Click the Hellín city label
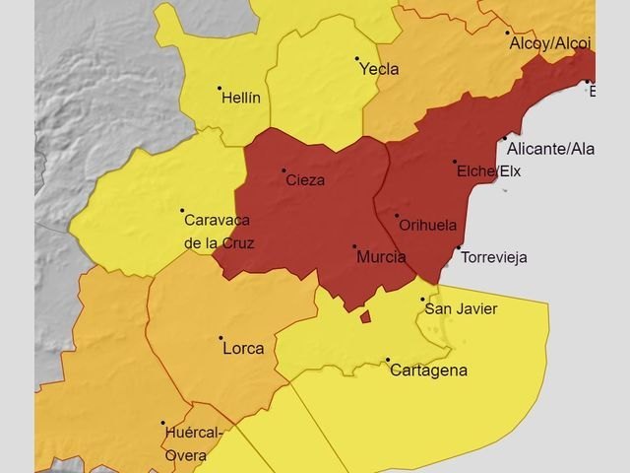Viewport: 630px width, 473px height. [241, 98]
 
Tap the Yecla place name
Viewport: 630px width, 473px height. [379, 69]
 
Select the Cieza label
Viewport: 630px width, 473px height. [305, 180]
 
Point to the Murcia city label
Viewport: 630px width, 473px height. [381, 257]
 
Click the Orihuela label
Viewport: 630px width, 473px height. [428, 225]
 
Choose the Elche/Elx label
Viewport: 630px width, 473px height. [488, 171]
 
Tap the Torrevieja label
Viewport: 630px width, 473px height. [494, 258]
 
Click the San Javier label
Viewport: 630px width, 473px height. [461, 309]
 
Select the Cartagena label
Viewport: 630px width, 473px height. [428, 372]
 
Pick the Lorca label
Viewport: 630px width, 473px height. [243, 348]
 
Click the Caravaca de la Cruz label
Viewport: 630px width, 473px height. [219, 231]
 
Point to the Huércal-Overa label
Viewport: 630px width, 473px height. [193, 443]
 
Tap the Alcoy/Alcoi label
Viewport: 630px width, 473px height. [549, 43]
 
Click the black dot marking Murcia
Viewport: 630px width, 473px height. [354, 246]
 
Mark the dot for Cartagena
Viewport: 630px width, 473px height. [388, 360]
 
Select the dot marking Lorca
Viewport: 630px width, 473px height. [220, 337]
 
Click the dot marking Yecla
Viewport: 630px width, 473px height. [357, 58]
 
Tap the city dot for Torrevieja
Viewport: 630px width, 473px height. [459, 247]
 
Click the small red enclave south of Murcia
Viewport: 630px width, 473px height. [365, 316]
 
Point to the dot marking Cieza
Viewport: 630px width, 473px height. [284, 170]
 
